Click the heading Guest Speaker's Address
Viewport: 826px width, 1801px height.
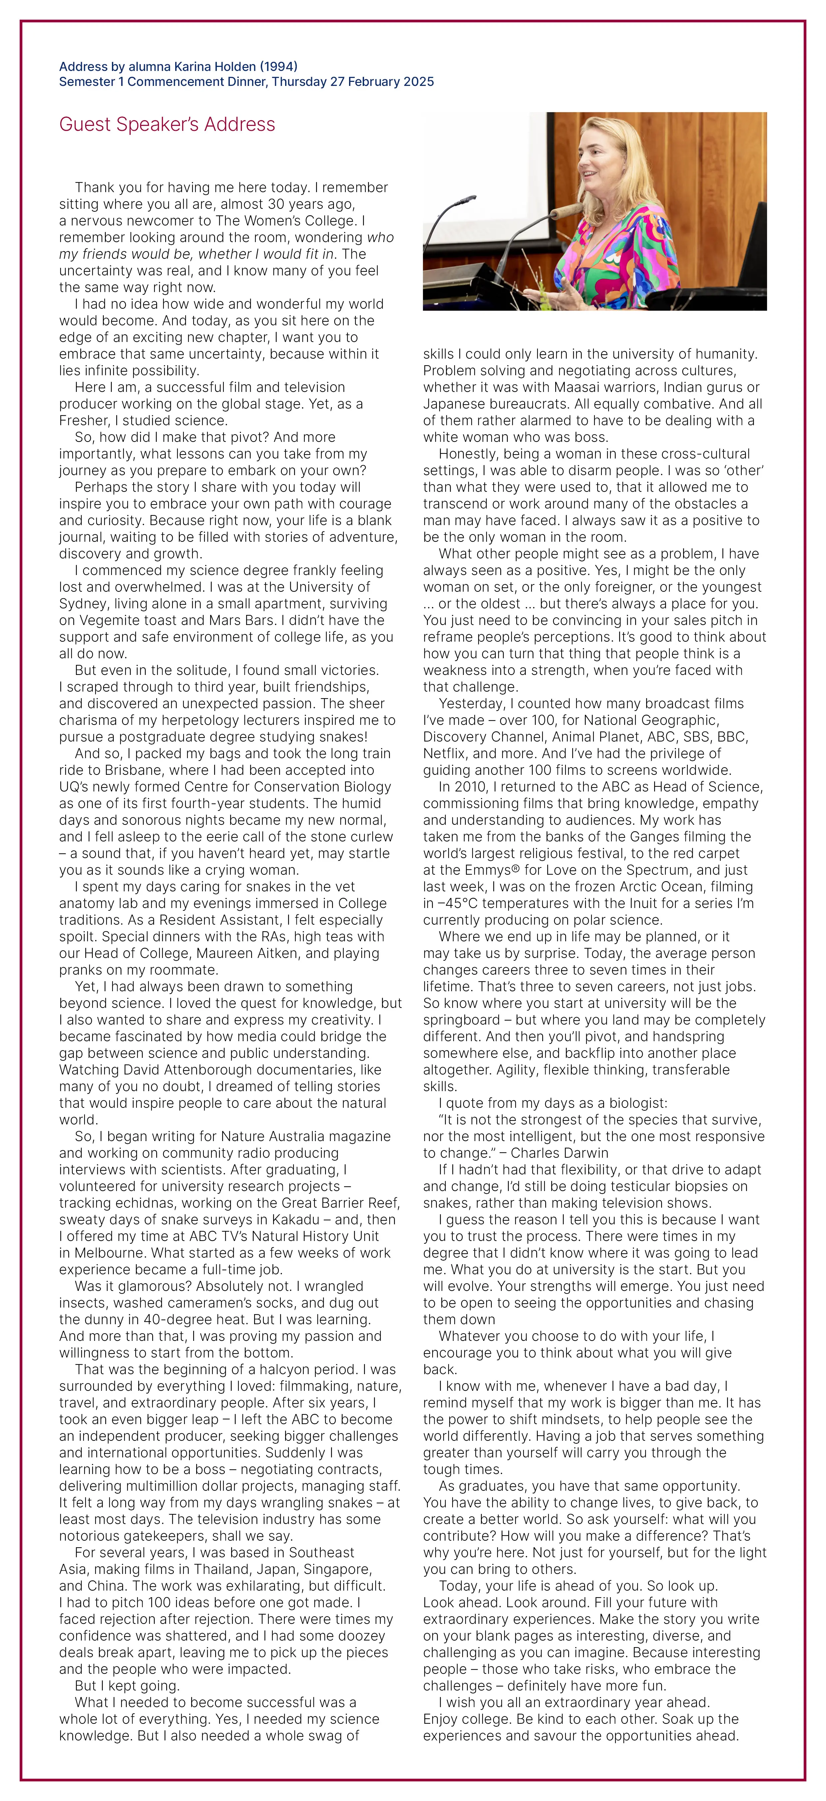[167, 125]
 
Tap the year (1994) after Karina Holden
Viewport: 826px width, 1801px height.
[278, 66]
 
